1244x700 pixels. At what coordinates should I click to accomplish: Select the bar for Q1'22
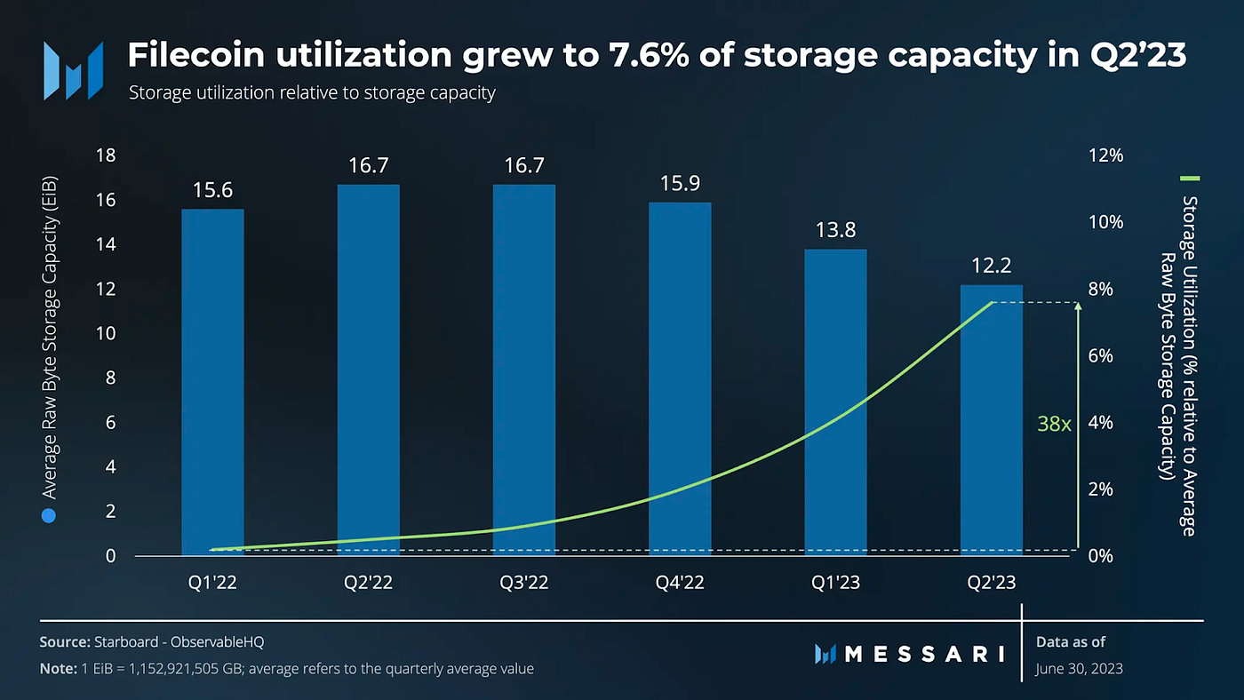212,382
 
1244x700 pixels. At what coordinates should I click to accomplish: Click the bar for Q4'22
680,378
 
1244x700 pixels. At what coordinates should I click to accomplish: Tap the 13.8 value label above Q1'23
835,230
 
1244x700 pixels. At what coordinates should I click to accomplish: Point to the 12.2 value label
992,266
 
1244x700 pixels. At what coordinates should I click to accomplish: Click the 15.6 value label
212,190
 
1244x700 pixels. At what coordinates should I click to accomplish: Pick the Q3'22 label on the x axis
523,583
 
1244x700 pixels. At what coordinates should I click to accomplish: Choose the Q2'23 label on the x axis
992,583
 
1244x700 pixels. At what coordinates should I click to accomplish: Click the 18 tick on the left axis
106,155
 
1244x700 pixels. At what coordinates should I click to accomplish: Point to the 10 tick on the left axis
106,334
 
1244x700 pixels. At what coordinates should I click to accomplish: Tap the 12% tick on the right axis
1105,155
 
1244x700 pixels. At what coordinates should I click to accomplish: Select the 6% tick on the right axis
1101,356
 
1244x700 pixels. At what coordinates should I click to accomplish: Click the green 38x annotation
1054,424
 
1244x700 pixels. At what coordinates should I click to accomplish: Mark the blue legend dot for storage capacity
49,516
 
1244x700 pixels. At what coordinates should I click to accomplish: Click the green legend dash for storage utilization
1190,179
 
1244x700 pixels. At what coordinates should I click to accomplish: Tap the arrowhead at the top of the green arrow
1078,306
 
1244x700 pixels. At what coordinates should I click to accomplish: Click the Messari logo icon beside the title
73,71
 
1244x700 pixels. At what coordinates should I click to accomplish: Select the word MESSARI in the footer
925,654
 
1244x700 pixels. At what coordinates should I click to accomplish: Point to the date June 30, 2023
1079,669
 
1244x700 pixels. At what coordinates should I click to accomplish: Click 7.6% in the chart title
649,55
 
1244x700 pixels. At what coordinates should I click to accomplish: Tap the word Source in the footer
64,642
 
